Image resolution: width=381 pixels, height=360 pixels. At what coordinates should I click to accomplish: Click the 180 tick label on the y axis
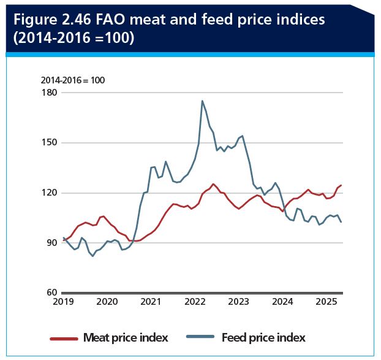pyautogui.click(x=49, y=93)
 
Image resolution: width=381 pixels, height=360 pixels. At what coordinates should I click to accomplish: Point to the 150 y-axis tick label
pyautogui.click(x=49, y=143)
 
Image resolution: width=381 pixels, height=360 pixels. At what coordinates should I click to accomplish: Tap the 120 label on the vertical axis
pyautogui.click(x=49, y=193)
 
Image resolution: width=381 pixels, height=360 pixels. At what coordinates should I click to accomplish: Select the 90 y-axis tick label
pyautogui.click(x=51, y=243)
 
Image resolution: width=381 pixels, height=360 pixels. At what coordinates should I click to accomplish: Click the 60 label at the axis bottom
pyautogui.click(x=51, y=293)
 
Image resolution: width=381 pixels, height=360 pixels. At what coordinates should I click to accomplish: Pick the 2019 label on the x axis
pyautogui.click(x=63, y=302)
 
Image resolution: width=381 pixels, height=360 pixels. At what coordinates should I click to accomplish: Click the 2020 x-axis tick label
pyautogui.click(x=107, y=302)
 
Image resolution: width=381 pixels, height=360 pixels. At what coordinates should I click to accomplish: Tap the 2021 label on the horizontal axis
pyautogui.click(x=151, y=302)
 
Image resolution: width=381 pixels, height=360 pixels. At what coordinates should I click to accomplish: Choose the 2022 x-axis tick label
pyautogui.click(x=195, y=302)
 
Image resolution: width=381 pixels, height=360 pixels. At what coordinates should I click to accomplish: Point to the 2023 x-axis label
pyautogui.click(x=238, y=302)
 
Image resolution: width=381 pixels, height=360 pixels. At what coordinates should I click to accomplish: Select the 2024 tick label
pyautogui.click(x=282, y=302)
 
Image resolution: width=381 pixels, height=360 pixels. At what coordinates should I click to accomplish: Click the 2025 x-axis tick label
pyautogui.click(x=326, y=302)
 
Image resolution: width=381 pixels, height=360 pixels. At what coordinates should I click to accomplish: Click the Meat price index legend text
pyautogui.click(x=126, y=337)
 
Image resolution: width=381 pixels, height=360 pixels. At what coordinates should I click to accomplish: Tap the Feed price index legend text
pyautogui.click(x=263, y=337)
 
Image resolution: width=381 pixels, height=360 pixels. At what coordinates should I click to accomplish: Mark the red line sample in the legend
pyautogui.click(x=63, y=338)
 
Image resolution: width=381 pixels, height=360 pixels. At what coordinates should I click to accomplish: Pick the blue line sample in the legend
pyautogui.click(x=200, y=338)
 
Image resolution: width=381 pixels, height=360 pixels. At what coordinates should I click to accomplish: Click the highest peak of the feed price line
pyautogui.click(x=202, y=101)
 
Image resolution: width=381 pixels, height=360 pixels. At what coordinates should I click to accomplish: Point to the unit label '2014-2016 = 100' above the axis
pyautogui.click(x=74, y=80)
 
